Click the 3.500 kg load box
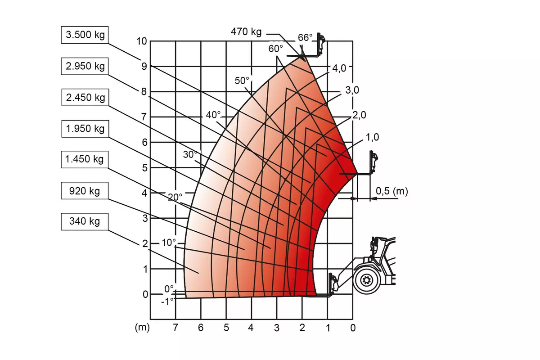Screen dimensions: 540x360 (x=85, y=35)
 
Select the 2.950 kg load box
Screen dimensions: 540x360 (x=85, y=66)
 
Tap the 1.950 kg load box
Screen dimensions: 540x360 (x=85, y=129)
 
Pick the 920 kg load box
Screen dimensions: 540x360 (x=85, y=190)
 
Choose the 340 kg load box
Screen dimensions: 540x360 (x=85, y=221)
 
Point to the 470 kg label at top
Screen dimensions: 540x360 (x=246, y=31)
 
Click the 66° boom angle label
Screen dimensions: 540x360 (x=305, y=38)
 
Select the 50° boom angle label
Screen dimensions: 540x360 (x=242, y=81)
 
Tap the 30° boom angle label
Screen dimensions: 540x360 (x=190, y=154)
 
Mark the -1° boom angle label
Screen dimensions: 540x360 (x=167, y=301)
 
